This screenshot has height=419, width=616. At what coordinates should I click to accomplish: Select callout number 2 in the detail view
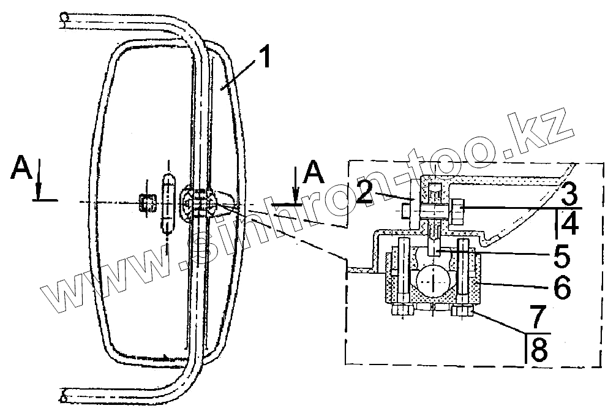pyautogui.click(x=366, y=192)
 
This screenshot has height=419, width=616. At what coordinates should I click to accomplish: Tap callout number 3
pyautogui.click(x=569, y=194)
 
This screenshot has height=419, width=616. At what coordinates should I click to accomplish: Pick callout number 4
pyautogui.click(x=569, y=223)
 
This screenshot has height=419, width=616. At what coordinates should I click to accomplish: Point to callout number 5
pyautogui.click(x=562, y=255)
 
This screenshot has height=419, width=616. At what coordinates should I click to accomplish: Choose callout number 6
pyautogui.click(x=562, y=288)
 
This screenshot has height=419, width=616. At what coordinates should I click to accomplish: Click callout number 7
pyautogui.click(x=538, y=316)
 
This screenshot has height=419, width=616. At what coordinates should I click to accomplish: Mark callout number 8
pyautogui.click(x=539, y=350)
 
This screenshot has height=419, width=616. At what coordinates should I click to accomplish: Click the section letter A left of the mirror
pyautogui.click(x=21, y=167)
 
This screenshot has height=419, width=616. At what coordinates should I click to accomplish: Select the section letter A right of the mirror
pyautogui.click(x=313, y=172)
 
